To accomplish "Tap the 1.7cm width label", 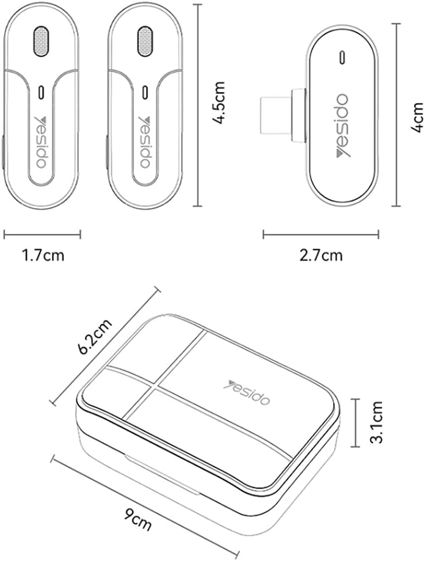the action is click(x=43, y=255).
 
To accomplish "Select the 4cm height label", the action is click(x=416, y=117).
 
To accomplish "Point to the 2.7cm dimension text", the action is click(x=321, y=255).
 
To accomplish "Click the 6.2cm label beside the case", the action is click(x=95, y=336).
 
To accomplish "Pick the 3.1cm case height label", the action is click(x=377, y=422).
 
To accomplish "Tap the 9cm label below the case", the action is click(x=138, y=519).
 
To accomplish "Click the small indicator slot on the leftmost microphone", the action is click(x=41, y=92).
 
